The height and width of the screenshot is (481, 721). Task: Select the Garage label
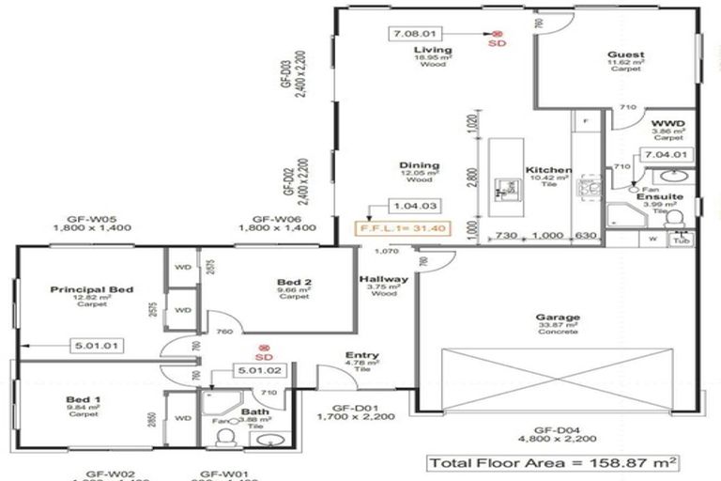coord(557,318)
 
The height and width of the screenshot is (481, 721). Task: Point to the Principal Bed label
coord(92,289)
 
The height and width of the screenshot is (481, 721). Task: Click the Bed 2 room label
coord(294,282)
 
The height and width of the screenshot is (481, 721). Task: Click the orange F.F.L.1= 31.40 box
coord(391,226)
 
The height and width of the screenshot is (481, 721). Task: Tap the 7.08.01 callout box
coord(414,34)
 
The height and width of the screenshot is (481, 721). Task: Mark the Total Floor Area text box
coord(553,463)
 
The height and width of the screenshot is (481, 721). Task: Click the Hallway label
coord(383,280)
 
